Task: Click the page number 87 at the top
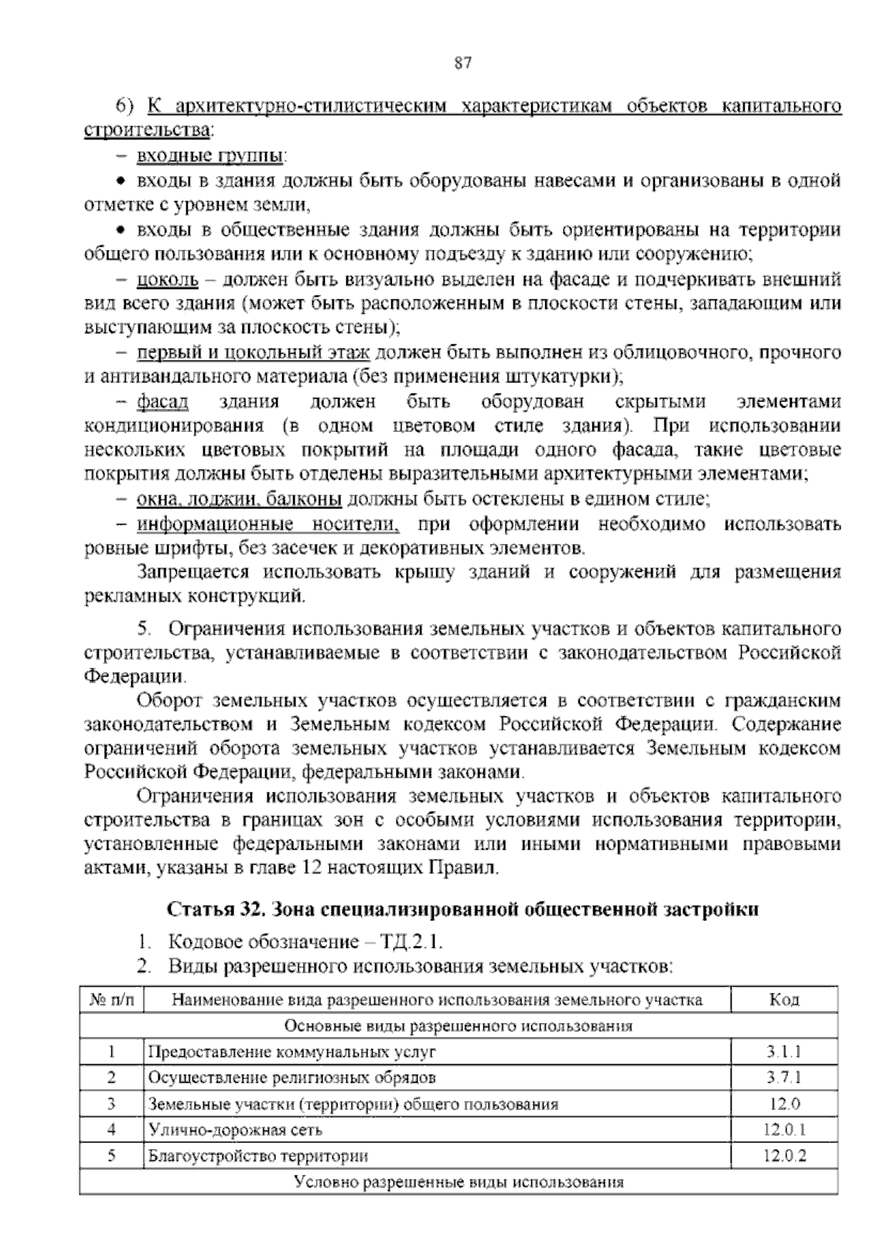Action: pyautogui.click(x=463, y=63)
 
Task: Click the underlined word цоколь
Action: pyautogui.click(x=168, y=280)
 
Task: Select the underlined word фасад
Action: pyautogui.click(x=163, y=402)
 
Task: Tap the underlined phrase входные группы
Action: pyautogui.click(x=211, y=156)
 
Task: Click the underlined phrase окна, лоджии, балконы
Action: pyautogui.click(x=239, y=500)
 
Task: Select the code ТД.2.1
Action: pyautogui.click(x=410, y=941)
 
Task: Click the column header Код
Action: pyautogui.click(x=784, y=1000)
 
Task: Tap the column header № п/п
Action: pyautogui.click(x=112, y=1000)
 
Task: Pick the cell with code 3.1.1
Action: pyautogui.click(x=784, y=1052)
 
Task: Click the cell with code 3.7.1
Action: pyautogui.click(x=784, y=1078)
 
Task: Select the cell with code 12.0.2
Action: pyautogui.click(x=784, y=1156)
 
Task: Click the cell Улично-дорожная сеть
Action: pyautogui.click(x=236, y=1130)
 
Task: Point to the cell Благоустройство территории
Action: pyautogui.click(x=259, y=1156)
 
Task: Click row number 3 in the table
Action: pyautogui.click(x=112, y=1104)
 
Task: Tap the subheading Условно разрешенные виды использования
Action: pyautogui.click(x=458, y=1182)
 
